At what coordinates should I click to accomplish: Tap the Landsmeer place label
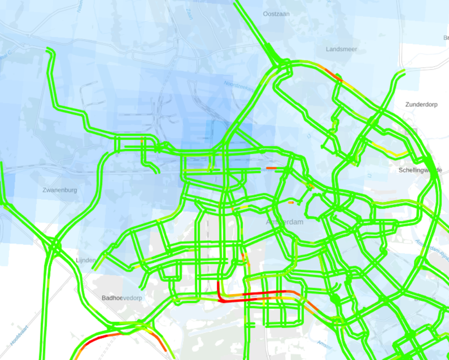pyautogui.click(x=341, y=49)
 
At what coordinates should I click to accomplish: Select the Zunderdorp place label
pyautogui.click(x=421, y=104)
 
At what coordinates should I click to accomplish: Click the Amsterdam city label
pyautogui.click(x=285, y=222)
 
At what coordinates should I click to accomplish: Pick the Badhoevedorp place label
pyautogui.click(x=122, y=298)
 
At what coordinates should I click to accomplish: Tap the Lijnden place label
pyautogui.click(x=85, y=260)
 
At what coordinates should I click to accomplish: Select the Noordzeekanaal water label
pyautogui.click(x=238, y=86)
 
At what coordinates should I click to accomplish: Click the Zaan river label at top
pyautogui.click(x=189, y=15)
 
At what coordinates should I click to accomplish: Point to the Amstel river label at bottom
pyautogui.click(x=324, y=344)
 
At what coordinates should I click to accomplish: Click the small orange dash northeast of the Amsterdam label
pyautogui.click(x=291, y=202)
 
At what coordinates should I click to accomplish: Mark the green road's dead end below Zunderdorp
pyautogui.click(x=404, y=71)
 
